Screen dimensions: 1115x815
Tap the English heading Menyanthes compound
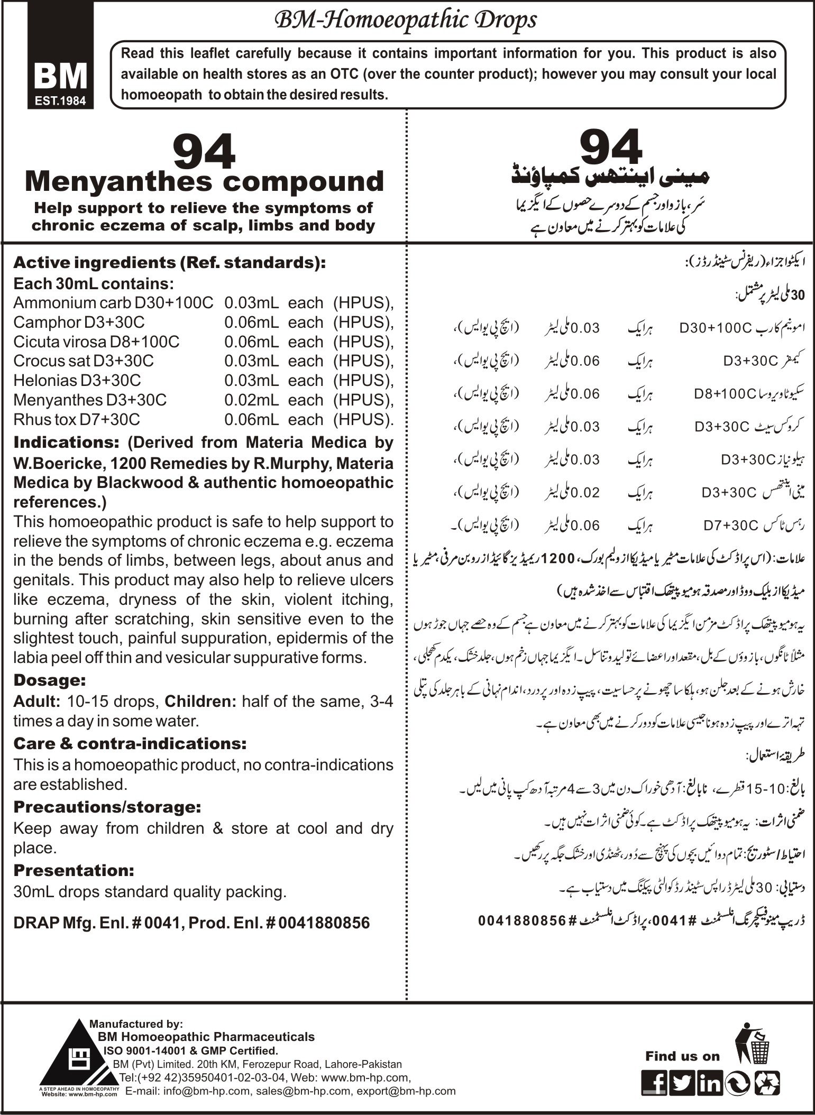[204, 182]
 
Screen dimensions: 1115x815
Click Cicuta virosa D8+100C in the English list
[96, 342]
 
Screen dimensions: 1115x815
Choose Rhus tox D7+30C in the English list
[77, 420]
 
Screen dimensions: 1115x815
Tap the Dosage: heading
[49, 680]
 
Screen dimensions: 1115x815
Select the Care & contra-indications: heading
[130, 744]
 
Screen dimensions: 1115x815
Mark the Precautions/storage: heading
[107, 807]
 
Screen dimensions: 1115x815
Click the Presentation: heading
[74, 870]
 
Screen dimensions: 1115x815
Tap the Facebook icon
[654, 1084]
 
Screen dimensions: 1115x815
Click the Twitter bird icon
[682, 1084]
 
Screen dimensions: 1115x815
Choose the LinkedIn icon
[709, 1084]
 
